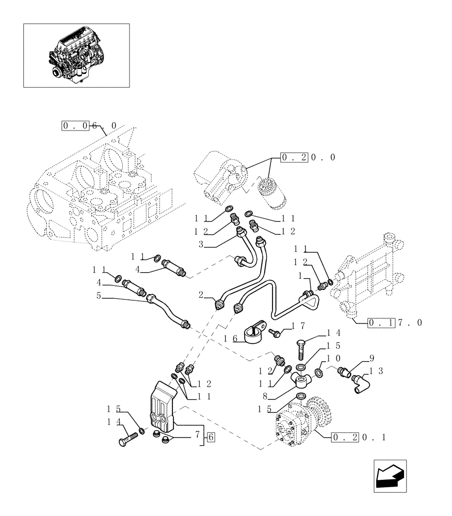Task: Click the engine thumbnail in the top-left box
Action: click(76, 55)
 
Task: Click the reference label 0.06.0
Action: click(89, 125)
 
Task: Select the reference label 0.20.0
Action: click(308, 157)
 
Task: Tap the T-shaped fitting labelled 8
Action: click(302, 380)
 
